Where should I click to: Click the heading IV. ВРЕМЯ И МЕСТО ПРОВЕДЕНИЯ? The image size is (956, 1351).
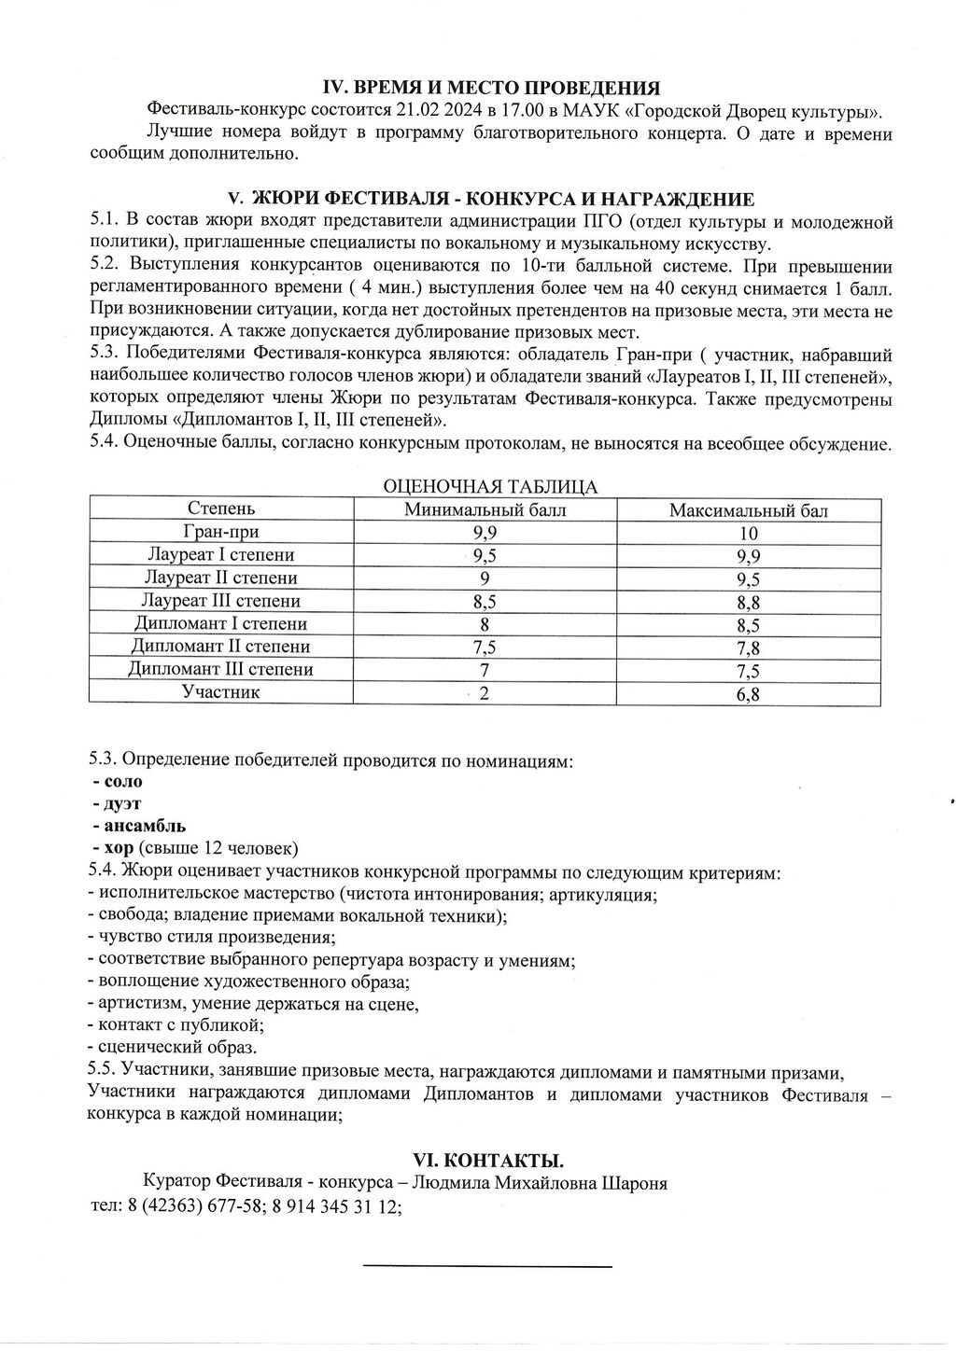coord(491,88)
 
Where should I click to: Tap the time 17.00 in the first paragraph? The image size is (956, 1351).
coord(527,112)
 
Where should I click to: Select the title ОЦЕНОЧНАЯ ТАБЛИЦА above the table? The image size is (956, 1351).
coord(491,486)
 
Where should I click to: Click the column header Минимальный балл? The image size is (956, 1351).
coord(485,509)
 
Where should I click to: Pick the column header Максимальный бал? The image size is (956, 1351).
coord(748,510)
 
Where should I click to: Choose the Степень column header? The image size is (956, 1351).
coord(220,508)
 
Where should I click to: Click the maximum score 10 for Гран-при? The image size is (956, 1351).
coord(748,534)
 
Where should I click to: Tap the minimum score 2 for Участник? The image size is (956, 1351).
coord(485,692)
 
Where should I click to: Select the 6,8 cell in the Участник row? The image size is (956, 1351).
coord(748,694)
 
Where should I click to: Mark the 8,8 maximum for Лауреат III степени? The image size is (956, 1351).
coord(748,603)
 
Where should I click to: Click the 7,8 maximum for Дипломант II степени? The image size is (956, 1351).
coord(748,648)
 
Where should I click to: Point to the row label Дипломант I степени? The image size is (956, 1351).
coord(220,623)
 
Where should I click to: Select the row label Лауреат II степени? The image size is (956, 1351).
coord(220,578)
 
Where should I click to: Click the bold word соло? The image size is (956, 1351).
coord(123,781)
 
